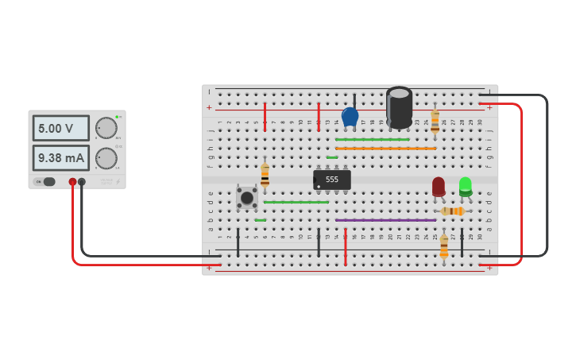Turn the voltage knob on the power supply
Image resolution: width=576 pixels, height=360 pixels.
106,128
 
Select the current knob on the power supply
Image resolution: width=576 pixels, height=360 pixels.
106,157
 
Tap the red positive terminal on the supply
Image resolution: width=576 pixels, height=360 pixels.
72,182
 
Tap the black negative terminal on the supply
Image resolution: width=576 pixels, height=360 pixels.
82,182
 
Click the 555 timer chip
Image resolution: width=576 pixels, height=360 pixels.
332,180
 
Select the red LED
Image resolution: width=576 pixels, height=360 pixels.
439,187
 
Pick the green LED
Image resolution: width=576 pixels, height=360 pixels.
466,187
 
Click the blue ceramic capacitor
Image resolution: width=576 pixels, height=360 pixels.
350,117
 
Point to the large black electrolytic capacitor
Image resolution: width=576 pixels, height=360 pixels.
399,106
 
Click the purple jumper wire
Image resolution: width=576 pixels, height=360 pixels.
385,220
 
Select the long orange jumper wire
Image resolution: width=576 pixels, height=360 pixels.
385,149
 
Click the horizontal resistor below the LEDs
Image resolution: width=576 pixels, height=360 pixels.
452,211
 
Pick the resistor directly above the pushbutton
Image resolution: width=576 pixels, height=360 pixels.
265,175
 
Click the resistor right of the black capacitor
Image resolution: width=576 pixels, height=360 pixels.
435,121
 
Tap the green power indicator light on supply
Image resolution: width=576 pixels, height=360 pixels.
117,117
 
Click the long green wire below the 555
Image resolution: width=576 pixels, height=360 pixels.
296,202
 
